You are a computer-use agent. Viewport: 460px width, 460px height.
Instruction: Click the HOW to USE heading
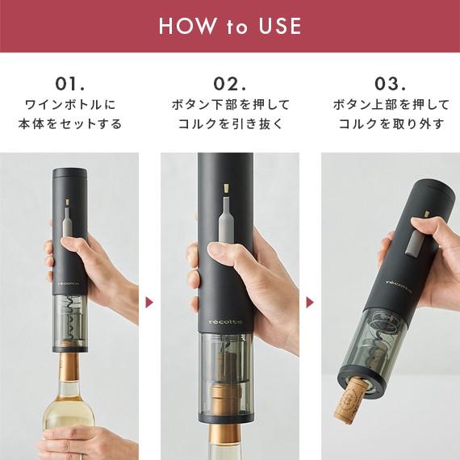230,26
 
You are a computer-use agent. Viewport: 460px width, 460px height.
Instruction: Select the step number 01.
69,84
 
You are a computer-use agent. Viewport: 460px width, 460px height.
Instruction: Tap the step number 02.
230,84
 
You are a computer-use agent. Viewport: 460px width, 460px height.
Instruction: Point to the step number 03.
390,84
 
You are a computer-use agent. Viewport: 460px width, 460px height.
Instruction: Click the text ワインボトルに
69,105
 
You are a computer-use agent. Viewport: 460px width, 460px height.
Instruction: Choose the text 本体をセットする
69,124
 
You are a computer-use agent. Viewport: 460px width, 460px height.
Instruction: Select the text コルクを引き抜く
230,124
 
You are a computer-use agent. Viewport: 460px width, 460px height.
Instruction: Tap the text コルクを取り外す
390,124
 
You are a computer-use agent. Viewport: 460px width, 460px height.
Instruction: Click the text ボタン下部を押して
230,105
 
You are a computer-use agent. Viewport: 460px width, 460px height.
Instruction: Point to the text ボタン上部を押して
390,105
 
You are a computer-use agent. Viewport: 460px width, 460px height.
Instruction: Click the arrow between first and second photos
150,303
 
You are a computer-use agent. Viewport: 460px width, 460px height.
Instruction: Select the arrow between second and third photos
310,303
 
